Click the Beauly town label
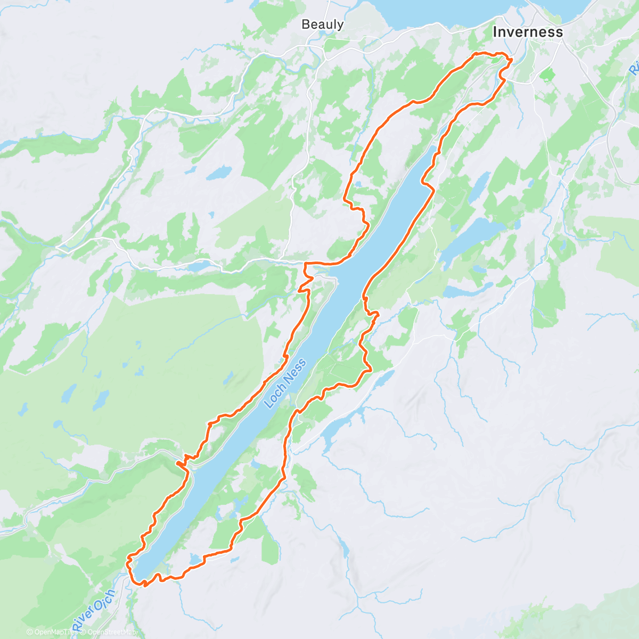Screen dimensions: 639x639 (x=322, y=24)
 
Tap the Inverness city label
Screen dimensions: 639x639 (x=527, y=32)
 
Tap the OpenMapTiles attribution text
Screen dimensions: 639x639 (x=51, y=632)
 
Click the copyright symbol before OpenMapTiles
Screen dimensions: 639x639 (x=30, y=632)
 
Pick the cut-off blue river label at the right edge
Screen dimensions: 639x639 (x=634, y=69)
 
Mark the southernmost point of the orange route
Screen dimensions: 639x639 (x=144, y=585)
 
